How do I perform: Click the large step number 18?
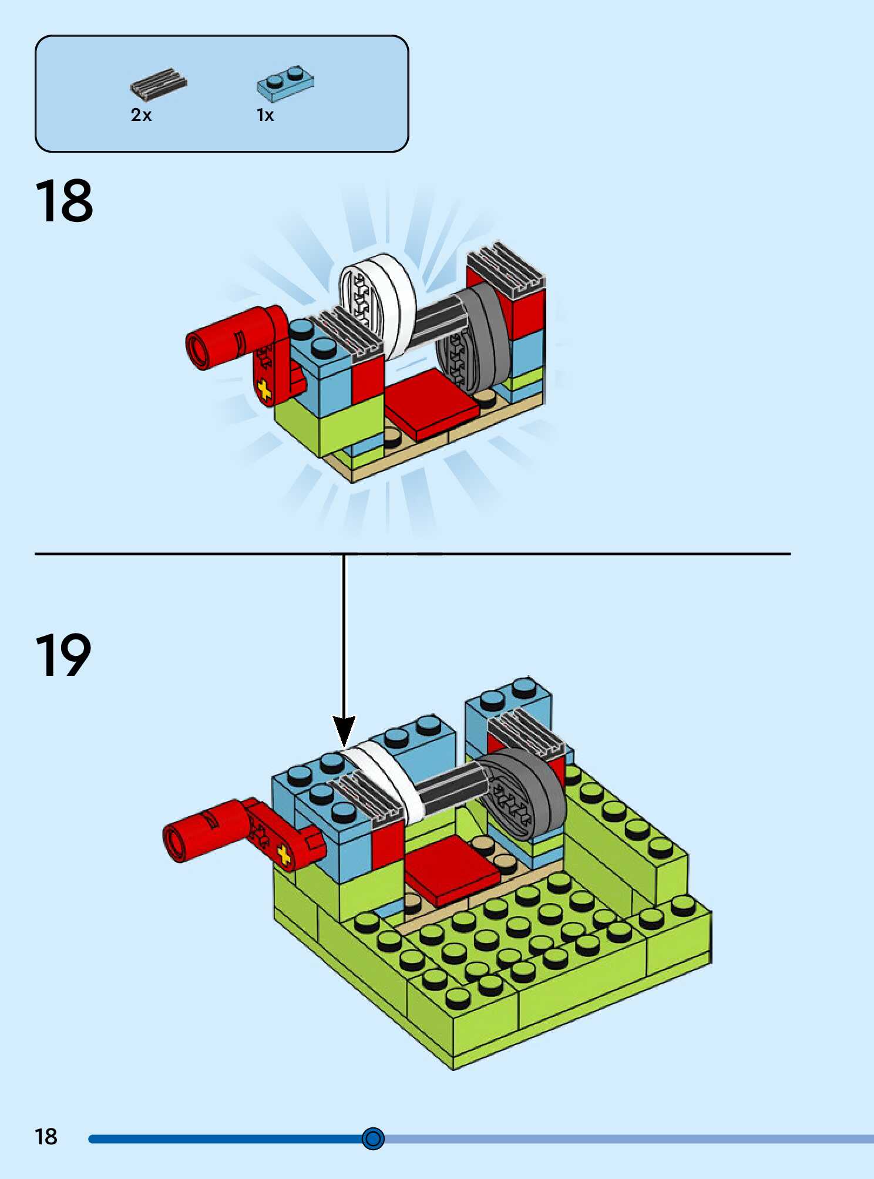pyautogui.click(x=64, y=201)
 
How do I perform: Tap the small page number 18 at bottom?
pyautogui.click(x=46, y=1137)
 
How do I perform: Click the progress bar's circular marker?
pyautogui.click(x=373, y=1138)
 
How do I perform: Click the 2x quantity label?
pyautogui.click(x=141, y=115)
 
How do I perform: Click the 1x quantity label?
pyautogui.click(x=265, y=115)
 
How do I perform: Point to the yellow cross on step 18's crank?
pyautogui.click(x=264, y=390)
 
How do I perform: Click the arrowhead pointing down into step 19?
pyautogui.click(x=344, y=731)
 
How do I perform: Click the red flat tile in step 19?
pyautogui.click(x=451, y=869)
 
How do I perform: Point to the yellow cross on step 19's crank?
pyautogui.click(x=284, y=855)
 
